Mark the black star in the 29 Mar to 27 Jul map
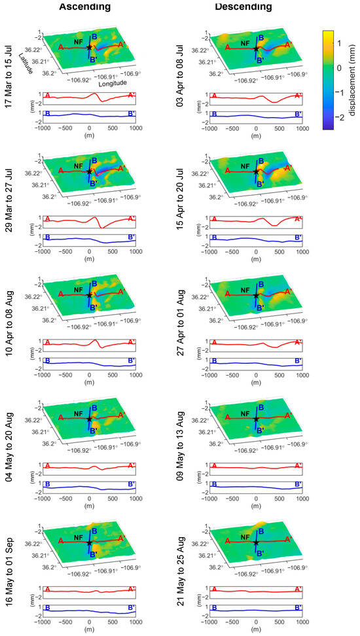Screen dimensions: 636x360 (89, 171)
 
